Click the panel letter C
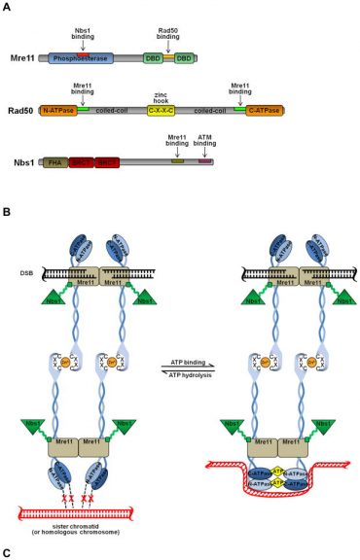coord(7,553)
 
